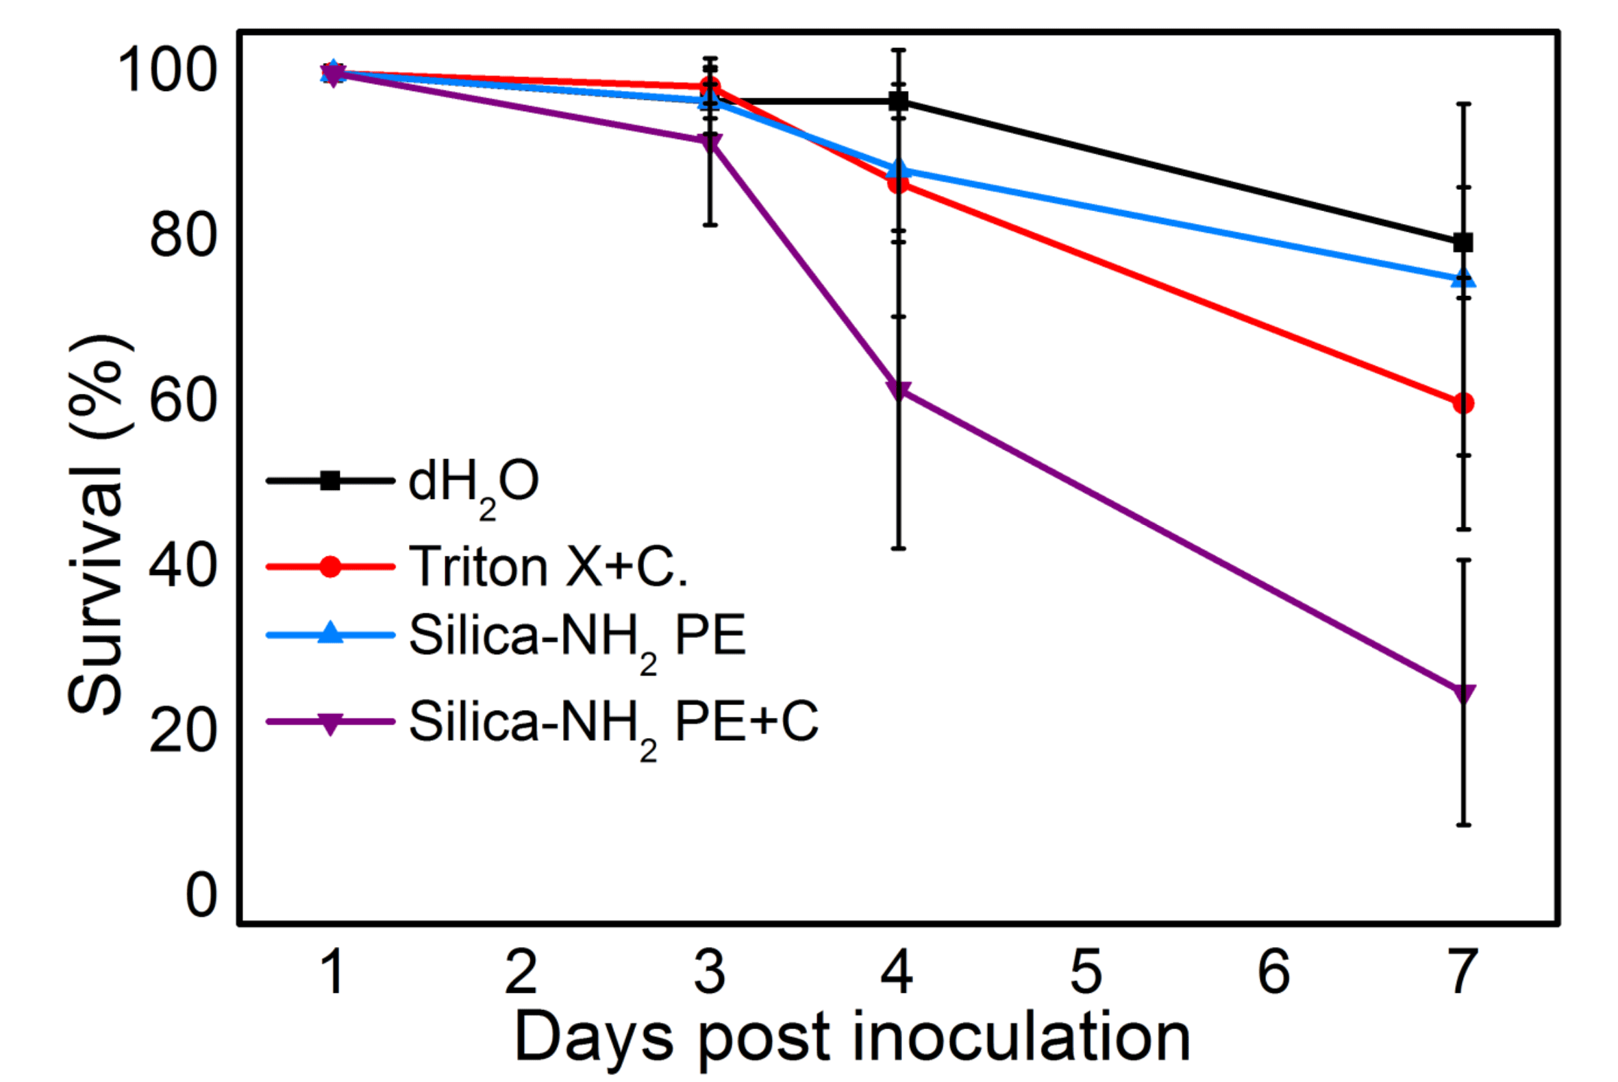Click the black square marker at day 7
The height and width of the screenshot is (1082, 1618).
1463,242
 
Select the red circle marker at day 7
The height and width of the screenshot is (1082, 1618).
1463,403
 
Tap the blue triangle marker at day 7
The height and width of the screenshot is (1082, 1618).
1463,279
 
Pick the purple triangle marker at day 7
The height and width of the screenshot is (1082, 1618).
1463,693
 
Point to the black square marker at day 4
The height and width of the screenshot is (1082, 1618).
898,101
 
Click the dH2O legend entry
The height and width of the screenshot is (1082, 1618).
473,483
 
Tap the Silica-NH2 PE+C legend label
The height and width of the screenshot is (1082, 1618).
613,722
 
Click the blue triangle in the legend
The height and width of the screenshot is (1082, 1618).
330,632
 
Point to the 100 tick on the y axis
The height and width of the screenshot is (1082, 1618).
168,71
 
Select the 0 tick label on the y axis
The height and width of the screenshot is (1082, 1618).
201,896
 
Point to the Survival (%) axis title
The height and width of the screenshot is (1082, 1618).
98,524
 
